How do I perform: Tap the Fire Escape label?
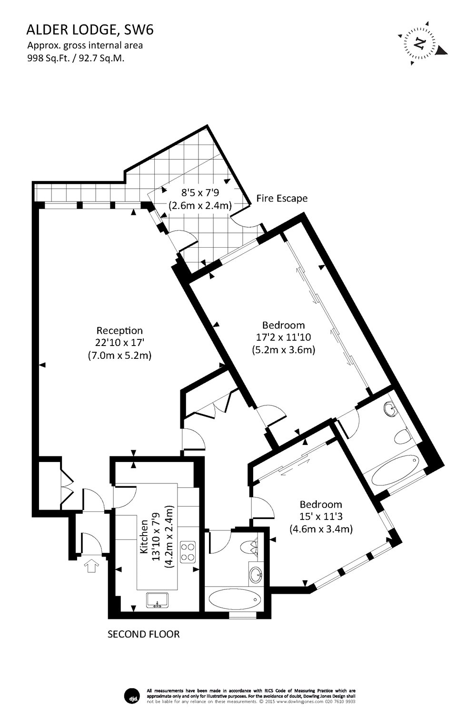point(282,198)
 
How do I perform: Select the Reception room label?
point(119,330)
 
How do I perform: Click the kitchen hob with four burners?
point(188,551)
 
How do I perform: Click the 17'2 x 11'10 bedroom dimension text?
point(284,337)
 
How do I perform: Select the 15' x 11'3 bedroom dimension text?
point(320,517)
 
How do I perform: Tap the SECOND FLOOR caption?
point(144,634)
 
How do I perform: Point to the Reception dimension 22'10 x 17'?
point(119,342)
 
